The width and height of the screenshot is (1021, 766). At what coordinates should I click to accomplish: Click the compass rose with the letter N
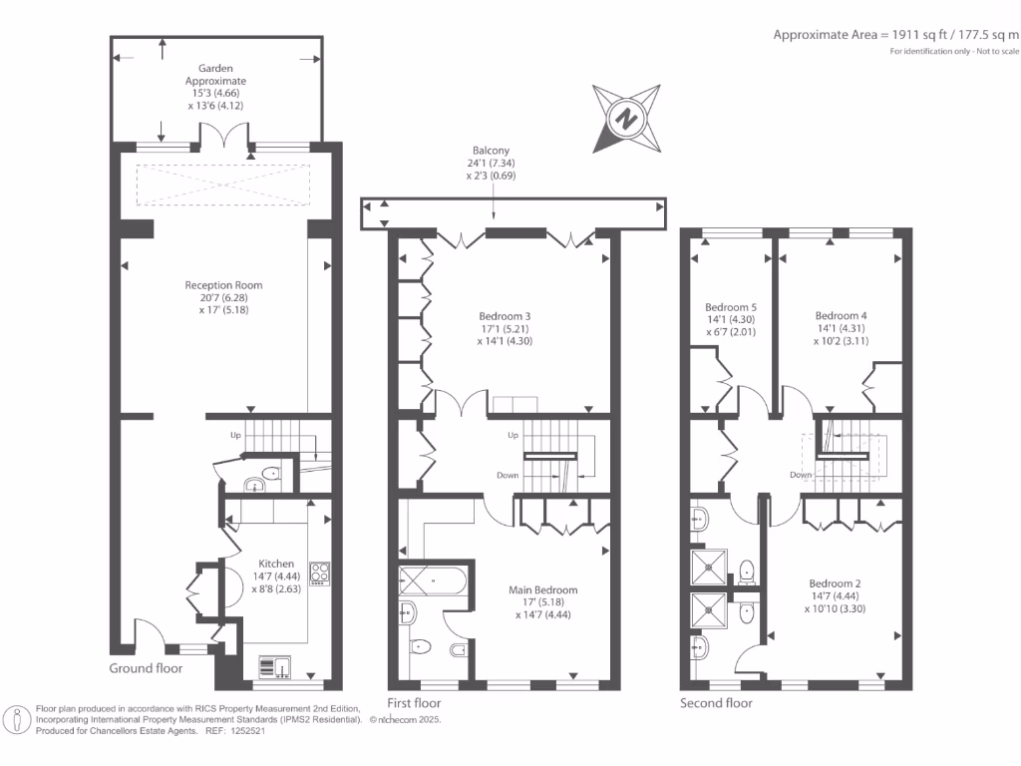point(625,117)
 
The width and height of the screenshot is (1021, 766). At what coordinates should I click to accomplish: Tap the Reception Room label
point(223,285)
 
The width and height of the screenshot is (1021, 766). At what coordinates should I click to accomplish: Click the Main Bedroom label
point(543,589)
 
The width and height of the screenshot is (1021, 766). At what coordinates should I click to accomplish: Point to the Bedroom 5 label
point(731,306)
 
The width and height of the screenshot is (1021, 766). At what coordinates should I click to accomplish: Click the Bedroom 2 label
point(836,583)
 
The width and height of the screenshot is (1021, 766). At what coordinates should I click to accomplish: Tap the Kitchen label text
point(275,563)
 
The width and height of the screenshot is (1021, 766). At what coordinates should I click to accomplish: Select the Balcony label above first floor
point(496,151)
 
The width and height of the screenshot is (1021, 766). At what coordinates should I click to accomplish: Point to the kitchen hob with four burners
point(321,573)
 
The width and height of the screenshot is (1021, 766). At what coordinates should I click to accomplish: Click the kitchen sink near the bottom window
point(274,666)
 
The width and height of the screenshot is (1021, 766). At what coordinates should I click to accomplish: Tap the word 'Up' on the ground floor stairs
point(235,435)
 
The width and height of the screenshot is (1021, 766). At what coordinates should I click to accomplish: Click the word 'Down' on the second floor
point(801,475)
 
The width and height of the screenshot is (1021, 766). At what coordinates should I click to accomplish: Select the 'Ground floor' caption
point(146,667)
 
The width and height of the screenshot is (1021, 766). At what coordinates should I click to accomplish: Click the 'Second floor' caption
point(716,702)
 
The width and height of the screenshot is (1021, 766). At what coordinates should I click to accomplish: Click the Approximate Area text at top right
point(896,34)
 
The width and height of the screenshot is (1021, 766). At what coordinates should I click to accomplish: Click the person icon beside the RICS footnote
point(17,719)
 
